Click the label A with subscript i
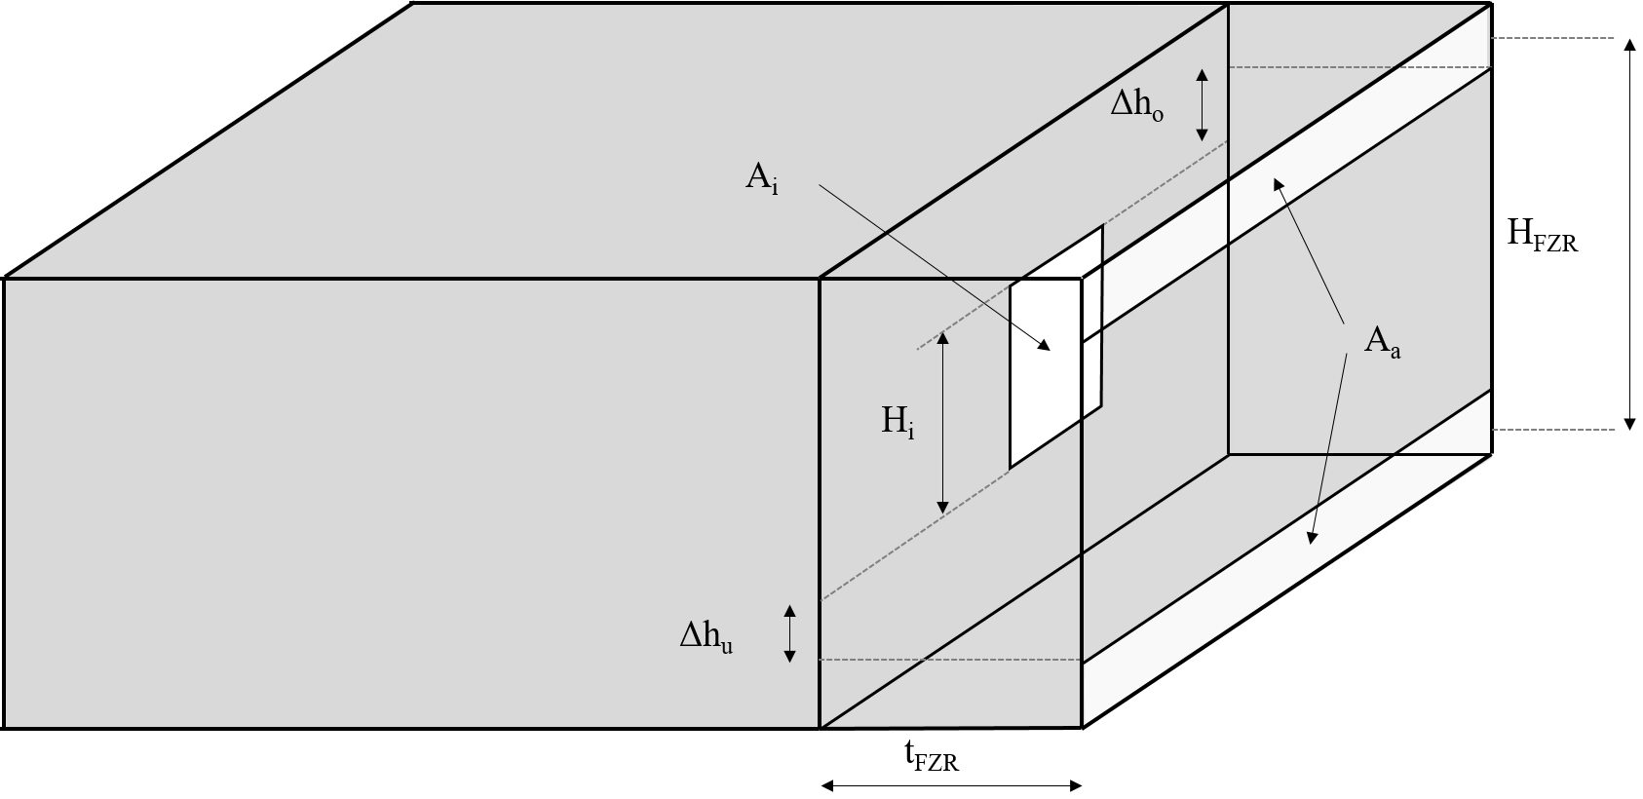761,178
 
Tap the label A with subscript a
1382,343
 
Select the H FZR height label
1542,236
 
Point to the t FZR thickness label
932,756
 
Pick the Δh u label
706,637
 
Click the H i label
898,423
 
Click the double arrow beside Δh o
1202,104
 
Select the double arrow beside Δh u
789,633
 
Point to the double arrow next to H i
942,423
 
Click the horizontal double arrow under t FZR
951,786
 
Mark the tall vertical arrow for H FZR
1629,234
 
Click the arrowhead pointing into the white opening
1045,346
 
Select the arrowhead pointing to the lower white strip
1312,537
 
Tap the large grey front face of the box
411,504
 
